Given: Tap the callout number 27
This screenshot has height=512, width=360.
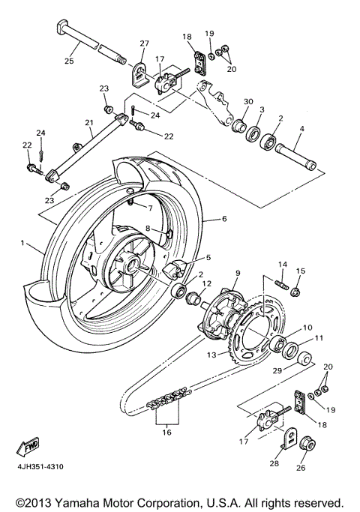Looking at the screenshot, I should coord(144,43).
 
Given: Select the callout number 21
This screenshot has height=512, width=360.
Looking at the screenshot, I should coord(88,122).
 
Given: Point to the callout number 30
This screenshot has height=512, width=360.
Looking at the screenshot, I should coord(247,103).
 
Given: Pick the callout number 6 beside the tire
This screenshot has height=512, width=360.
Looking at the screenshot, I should coord(223,220).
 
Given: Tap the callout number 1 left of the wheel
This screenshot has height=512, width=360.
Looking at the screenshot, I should coord(23,243).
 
